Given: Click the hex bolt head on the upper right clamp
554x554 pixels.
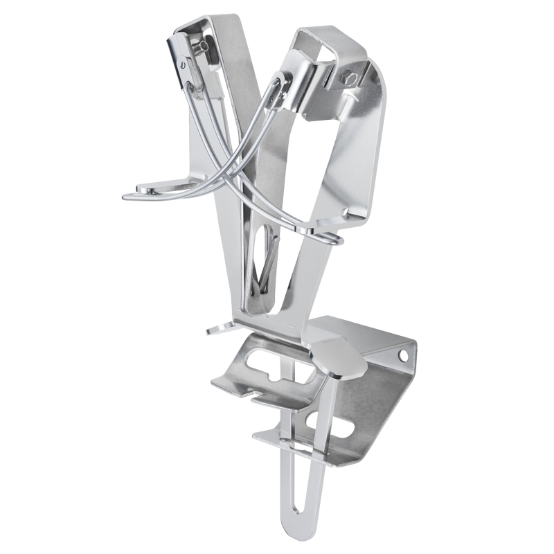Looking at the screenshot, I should click(350, 79).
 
